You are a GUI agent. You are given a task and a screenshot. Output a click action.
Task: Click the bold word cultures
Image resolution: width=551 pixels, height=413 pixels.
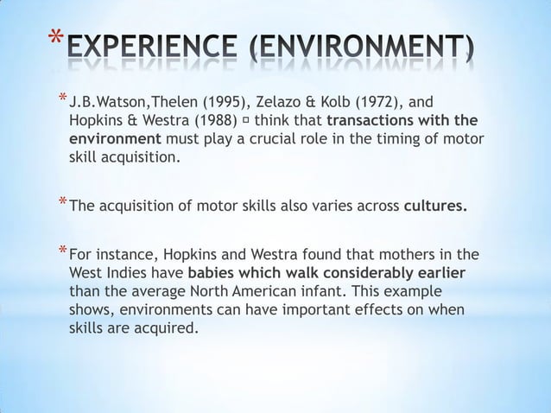point(440,206)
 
